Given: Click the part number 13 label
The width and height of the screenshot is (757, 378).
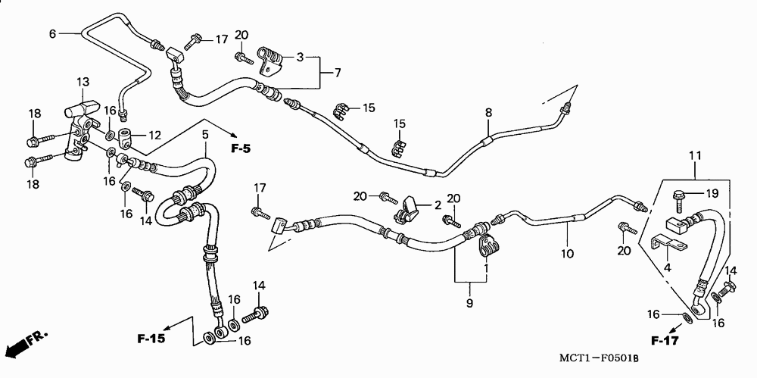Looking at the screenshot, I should [83, 82].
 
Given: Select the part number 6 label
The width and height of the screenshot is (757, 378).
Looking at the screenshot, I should [52, 33].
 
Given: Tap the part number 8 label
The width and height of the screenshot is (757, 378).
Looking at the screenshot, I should [488, 113].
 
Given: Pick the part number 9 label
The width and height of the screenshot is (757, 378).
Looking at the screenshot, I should [469, 304].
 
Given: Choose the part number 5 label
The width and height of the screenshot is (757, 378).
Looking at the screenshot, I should [204, 134].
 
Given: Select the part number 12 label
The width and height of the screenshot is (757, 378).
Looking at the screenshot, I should [154, 136].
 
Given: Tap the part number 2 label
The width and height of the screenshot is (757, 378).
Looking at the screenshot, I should [438, 205].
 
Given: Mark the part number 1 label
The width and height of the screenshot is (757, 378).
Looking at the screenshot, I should [485, 268].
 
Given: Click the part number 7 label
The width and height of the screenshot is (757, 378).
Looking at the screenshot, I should [337, 72].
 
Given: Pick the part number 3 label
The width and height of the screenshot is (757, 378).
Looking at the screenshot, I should [300, 57].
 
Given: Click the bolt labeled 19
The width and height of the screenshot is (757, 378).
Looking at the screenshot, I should [678, 198].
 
